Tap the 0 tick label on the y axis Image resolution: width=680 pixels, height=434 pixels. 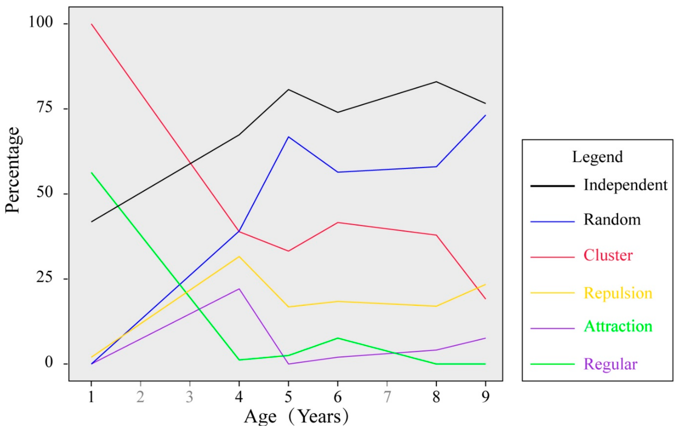[49, 362]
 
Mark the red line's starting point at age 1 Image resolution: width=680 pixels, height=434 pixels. [92, 24]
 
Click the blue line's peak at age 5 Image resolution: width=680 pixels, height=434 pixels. [288, 137]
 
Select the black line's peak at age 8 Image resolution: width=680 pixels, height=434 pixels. [436, 82]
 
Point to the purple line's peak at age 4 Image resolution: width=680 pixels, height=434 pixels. [239, 289]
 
